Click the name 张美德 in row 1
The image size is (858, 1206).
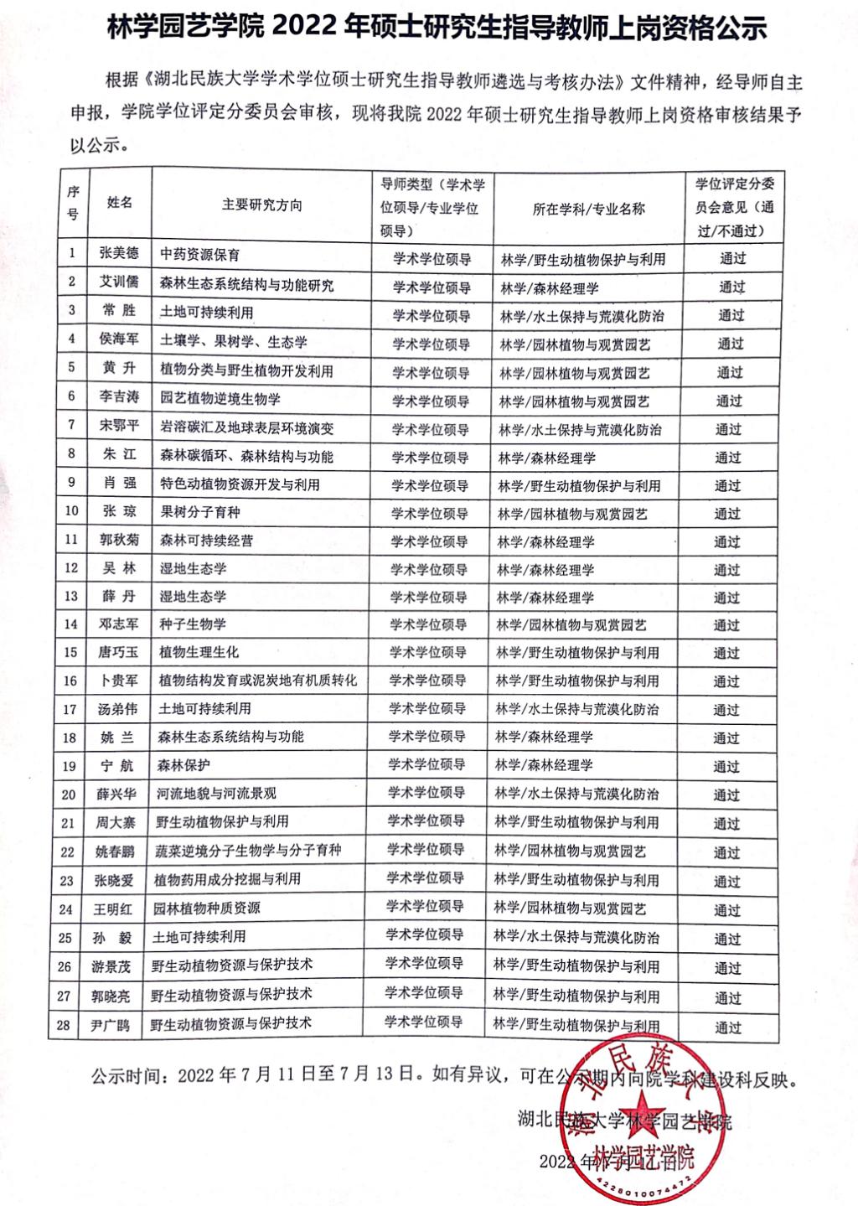[x=119, y=254]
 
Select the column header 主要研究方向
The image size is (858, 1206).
[x=261, y=205]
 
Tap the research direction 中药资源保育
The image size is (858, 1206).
[x=199, y=254]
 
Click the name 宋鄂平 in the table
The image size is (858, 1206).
[x=118, y=426]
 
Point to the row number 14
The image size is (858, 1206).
[x=70, y=624]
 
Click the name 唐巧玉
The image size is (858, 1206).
[x=117, y=652]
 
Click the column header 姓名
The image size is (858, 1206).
[x=119, y=203]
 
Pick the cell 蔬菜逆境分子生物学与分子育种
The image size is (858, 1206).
[x=248, y=851]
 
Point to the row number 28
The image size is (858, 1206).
[x=65, y=1023]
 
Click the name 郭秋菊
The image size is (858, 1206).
[x=117, y=541]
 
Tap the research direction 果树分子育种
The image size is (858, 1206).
[x=199, y=512]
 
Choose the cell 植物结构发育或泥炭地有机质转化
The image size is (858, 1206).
[x=257, y=680]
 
